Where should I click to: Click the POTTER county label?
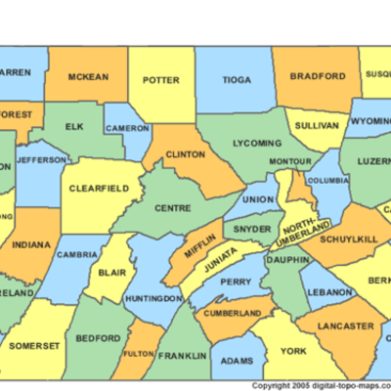pos(160,81)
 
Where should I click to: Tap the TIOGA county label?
pos(237,81)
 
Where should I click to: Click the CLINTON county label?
pos(185,154)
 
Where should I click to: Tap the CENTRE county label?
pos(171,206)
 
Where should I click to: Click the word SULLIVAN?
pos(316,126)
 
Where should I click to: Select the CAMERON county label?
pos(128,128)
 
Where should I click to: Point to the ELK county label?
pos(74,127)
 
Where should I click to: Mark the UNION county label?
pos(258,200)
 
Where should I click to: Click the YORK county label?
pos(293,350)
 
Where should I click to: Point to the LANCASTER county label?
pos(345,326)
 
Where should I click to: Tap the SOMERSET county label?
pos(41,345)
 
